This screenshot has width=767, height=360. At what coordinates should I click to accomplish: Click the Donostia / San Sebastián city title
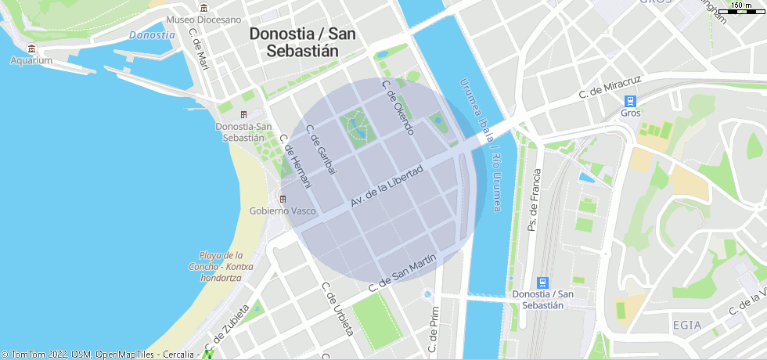pos(302,42)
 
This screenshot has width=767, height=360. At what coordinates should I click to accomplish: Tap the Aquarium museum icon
pos(31,49)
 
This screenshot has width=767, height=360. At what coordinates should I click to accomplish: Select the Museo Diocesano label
pos(203,20)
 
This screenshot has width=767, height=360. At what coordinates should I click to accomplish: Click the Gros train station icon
pos(630,101)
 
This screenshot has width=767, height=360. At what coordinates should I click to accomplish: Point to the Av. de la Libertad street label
pos(387,186)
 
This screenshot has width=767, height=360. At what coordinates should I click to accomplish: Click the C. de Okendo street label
pos(397,106)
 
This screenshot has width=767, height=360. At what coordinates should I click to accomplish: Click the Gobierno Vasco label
pos(283,211)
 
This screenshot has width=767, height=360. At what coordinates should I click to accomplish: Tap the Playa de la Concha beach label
pos(221,266)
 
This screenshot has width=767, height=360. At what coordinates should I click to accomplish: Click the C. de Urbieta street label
pos(338,309)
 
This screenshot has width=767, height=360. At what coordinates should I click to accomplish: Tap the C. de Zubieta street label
pos(226,327)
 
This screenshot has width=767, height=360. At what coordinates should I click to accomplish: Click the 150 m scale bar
pos(741,8)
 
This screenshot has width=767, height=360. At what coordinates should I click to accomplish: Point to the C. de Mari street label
pos(199,49)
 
